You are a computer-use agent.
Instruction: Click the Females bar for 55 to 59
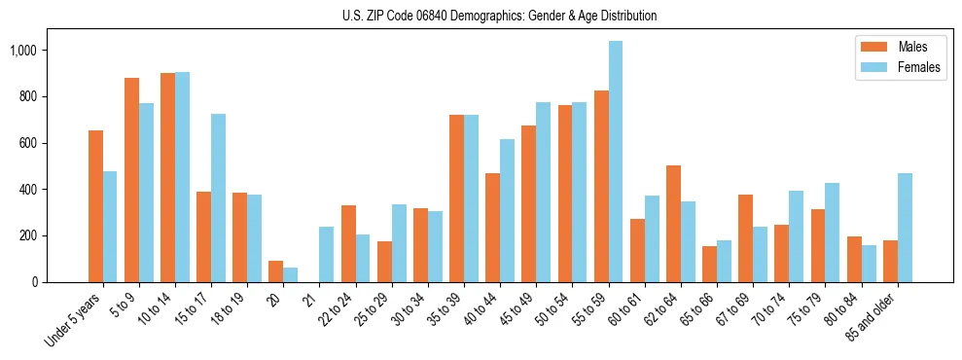click(615, 162)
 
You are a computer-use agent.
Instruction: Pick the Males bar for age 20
click(276, 271)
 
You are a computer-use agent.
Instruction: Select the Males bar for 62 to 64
click(673, 224)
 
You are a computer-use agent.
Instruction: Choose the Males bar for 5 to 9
click(131, 180)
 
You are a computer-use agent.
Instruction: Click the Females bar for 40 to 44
click(507, 210)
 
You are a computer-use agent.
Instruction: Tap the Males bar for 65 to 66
click(709, 264)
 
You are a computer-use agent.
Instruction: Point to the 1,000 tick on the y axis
click(43, 51)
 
